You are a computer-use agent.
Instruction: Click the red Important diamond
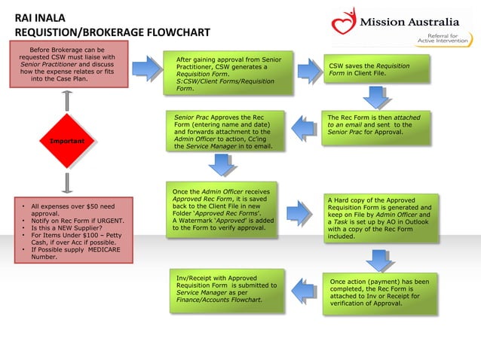pos(67,142)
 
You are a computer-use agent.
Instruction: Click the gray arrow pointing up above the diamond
pos(67,99)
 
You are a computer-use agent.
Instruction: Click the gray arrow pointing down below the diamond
pos(67,182)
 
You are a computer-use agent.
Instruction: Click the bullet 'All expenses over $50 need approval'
pos(69,210)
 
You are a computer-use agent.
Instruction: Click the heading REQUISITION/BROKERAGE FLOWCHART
pos(112,33)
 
